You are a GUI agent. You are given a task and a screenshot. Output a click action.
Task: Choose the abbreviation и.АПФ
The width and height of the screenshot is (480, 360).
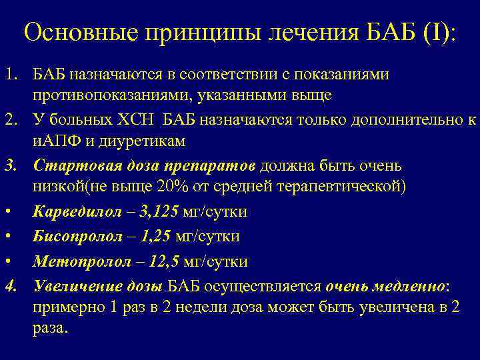point(57,141)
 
